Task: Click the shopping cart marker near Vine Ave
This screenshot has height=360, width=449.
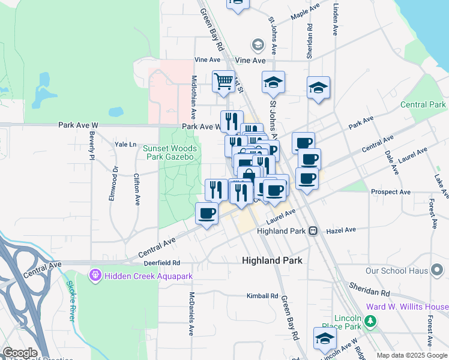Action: pyautogui.click(x=223, y=81)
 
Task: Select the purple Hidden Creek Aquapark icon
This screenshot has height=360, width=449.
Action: pyautogui.click(x=94, y=275)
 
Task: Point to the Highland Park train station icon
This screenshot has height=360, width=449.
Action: pyautogui.click(x=313, y=231)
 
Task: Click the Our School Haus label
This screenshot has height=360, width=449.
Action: pyautogui.click(x=398, y=271)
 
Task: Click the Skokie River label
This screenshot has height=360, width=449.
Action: pyautogui.click(x=70, y=301)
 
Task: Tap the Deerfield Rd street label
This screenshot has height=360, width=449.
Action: pyautogui.click(x=161, y=263)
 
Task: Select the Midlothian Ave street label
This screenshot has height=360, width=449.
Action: pyautogui.click(x=194, y=95)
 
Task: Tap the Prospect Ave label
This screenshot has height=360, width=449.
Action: pyautogui.click(x=391, y=192)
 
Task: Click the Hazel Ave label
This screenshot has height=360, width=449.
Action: pyautogui.click(x=341, y=230)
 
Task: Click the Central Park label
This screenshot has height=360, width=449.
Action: pyautogui.click(x=423, y=104)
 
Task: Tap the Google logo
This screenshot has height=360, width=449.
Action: pyautogui.click(x=20, y=353)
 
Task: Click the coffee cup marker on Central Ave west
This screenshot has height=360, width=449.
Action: pyautogui.click(x=207, y=214)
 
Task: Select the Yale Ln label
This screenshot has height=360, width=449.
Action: pyautogui.click(x=126, y=145)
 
